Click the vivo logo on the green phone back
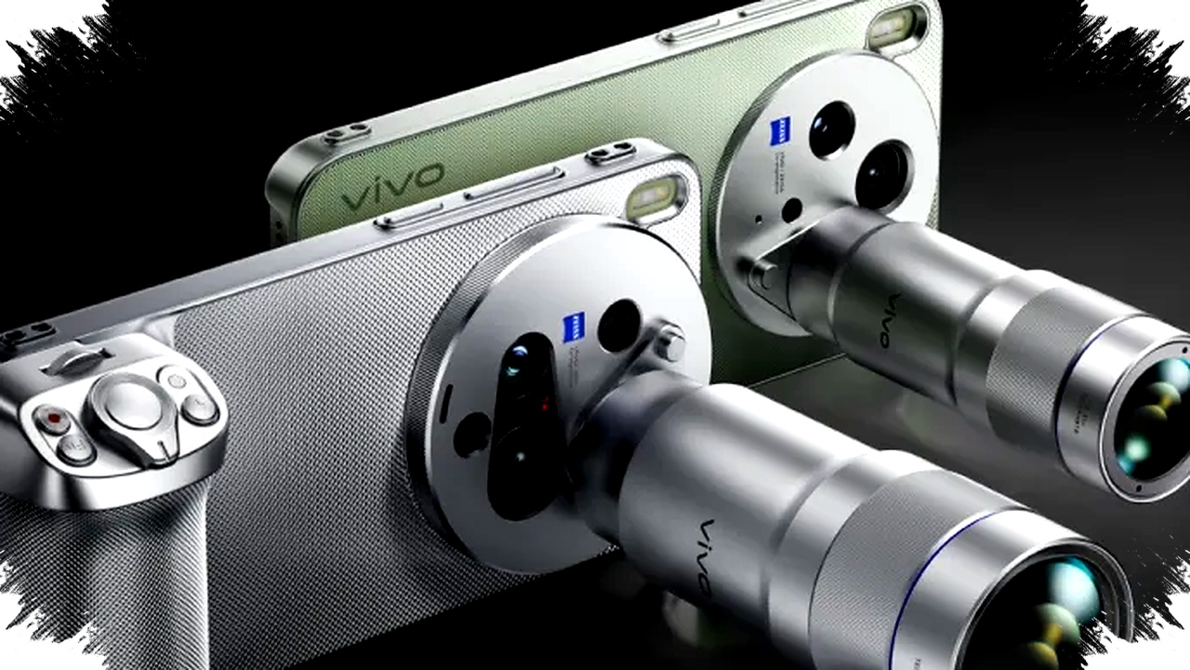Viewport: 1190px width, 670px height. (x=391, y=186)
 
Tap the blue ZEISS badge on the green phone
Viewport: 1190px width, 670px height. (x=779, y=132)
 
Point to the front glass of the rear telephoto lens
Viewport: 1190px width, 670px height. (x=1152, y=419)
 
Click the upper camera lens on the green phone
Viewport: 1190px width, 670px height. (x=831, y=129)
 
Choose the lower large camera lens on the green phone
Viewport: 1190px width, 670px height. (x=881, y=175)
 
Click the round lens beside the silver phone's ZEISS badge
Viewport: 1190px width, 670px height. (x=619, y=325)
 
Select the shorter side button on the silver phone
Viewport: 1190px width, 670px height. (x=408, y=217)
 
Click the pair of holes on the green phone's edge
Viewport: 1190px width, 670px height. (x=347, y=135)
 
